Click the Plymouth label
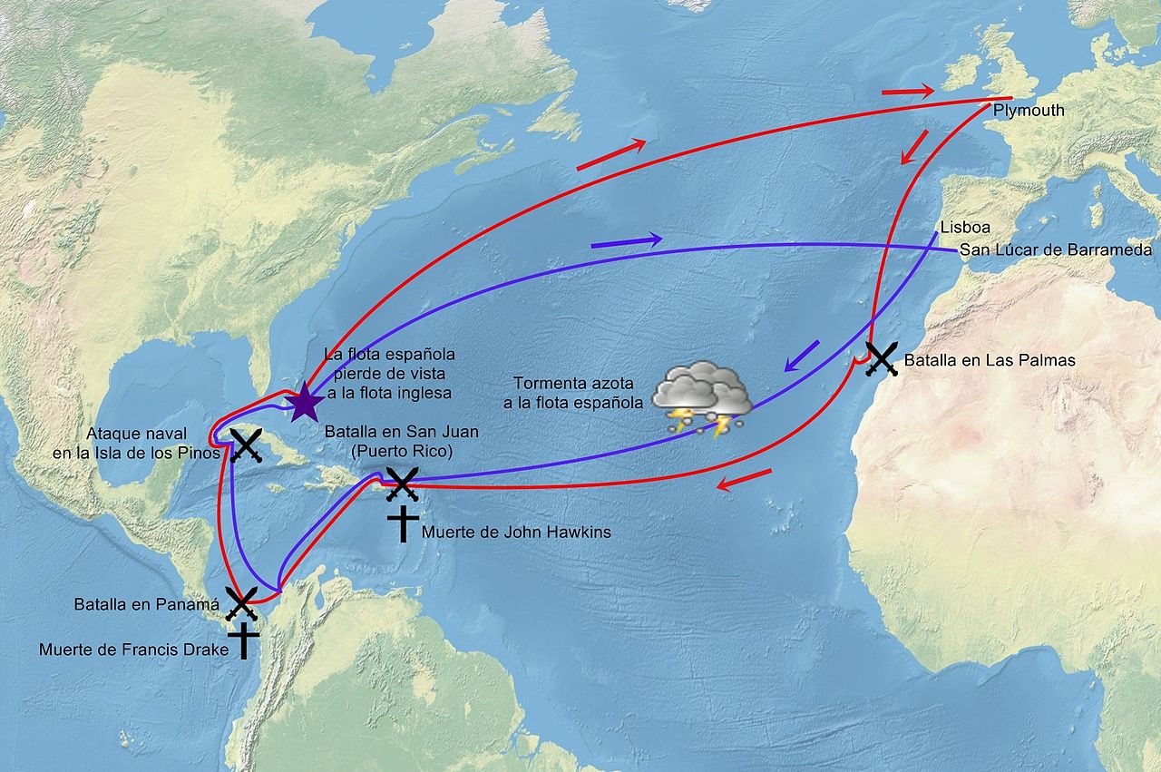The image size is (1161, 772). click(1029, 111)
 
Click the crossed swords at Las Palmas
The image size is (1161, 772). click(881, 359)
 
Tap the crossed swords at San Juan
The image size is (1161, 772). click(401, 484)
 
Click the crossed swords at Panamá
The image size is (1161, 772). click(242, 601)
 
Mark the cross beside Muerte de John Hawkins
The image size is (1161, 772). click(403, 524)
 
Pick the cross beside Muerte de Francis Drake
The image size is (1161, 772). click(243, 640)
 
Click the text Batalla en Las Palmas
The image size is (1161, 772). click(990, 360)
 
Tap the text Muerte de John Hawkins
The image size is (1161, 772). click(516, 533)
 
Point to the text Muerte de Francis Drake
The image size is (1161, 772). click(133, 650)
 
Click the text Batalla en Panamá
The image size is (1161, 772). click(147, 604)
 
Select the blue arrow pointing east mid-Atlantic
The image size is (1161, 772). click(626, 242)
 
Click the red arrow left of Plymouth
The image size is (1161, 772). click(907, 91)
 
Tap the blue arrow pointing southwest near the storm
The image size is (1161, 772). click(801, 355)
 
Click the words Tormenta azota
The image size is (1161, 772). click(573, 382)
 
